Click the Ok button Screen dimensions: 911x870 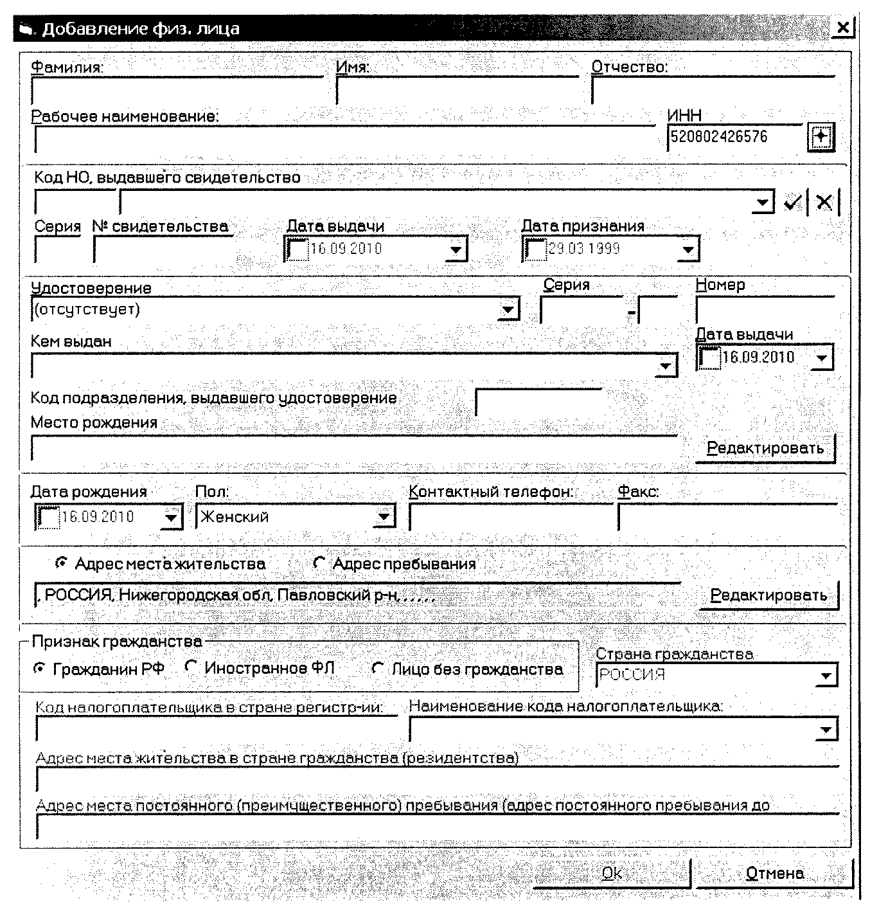coord(612,873)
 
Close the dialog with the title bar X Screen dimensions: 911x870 coord(843,28)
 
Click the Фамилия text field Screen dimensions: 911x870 coord(177,90)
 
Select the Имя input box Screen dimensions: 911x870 coord(456,90)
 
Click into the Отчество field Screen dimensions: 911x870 coord(712,90)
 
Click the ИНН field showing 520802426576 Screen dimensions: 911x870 coord(734,137)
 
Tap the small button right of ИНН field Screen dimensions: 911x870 coord(821,137)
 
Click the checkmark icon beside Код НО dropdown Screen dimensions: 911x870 coord(793,203)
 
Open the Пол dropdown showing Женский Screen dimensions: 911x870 coord(384,516)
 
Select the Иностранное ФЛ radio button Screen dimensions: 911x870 coord(190,668)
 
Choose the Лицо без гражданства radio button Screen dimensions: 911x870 coord(378,669)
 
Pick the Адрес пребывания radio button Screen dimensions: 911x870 coord(319,563)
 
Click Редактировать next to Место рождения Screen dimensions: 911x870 coord(765,448)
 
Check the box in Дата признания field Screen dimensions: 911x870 coord(534,249)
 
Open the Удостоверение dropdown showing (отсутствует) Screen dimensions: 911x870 coord(508,310)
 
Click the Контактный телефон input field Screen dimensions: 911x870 coord(510,517)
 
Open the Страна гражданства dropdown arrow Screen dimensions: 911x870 coord(826,676)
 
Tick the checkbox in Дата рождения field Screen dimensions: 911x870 coord(48,517)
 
